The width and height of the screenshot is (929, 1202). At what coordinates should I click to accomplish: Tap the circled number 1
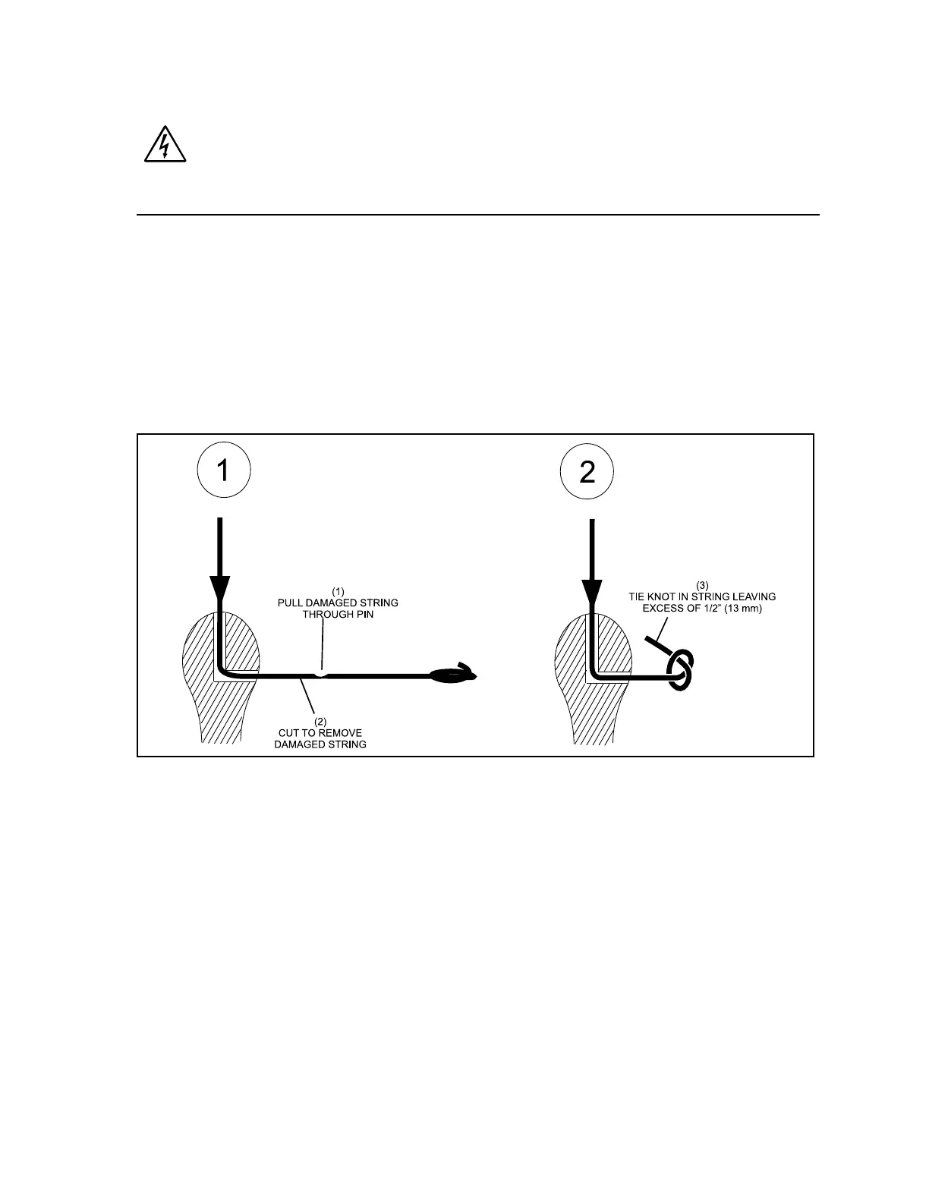pos(223,472)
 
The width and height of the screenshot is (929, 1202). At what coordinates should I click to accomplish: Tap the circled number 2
pos(587,472)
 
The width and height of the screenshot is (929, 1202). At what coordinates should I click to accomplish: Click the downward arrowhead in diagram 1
pos(219,589)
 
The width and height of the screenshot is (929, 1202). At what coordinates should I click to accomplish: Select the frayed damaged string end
pos(452,674)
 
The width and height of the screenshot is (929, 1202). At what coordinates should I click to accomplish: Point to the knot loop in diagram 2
pos(680,669)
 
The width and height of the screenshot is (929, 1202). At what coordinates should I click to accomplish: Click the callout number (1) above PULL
pos(338,591)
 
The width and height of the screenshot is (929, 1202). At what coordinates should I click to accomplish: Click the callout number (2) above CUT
pos(320,722)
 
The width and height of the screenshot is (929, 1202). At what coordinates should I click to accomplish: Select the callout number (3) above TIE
pos(702,585)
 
